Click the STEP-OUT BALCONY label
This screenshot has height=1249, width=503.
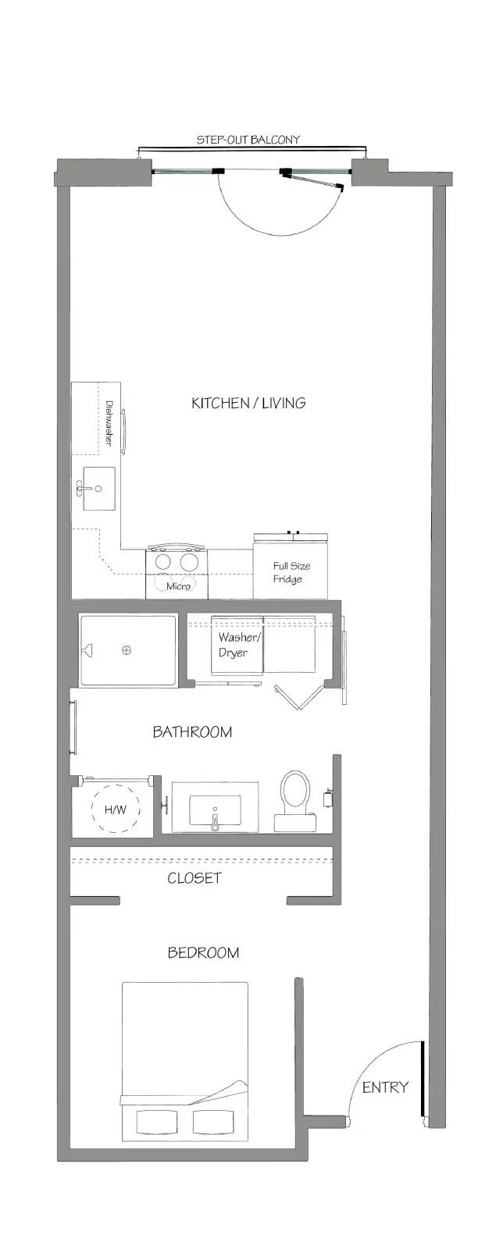point(248,140)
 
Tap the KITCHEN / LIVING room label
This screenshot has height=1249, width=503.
point(248,403)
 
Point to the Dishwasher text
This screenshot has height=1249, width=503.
point(109,423)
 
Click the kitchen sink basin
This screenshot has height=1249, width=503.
point(99,489)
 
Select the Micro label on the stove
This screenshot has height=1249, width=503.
point(178,586)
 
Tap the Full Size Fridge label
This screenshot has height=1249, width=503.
point(291,573)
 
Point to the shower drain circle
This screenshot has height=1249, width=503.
point(127,650)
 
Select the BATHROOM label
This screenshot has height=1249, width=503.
point(192,731)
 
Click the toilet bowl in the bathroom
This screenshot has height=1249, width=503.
point(295,790)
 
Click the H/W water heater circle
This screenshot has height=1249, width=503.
point(116,810)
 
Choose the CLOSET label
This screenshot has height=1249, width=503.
point(194,878)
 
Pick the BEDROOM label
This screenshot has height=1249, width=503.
point(204,952)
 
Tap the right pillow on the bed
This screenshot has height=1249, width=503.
point(213,1121)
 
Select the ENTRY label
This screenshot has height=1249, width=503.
point(385,1087)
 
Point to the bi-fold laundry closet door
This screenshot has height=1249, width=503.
point(299,697)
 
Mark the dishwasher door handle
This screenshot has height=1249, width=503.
point(124,428)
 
